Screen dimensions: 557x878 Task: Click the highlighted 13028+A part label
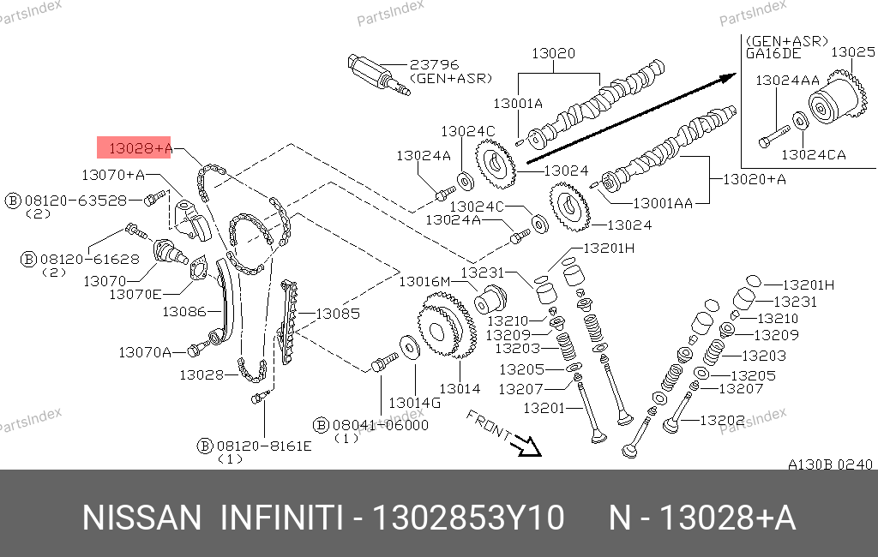click(x=135, y=148)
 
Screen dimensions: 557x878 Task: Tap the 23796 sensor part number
click(x=434, y=64)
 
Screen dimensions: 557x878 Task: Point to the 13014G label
click(x=414, y=402)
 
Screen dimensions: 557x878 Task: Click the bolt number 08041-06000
click(x=380, y=424)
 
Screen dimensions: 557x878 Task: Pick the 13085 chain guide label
click(x=337, y=314)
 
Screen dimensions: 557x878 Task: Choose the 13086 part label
click(x=184, y=312)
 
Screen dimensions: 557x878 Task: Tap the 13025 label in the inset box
click(x=852, y=52)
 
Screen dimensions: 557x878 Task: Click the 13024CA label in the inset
click(x=813, y=155)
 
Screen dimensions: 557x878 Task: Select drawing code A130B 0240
click(x=830, y=464)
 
